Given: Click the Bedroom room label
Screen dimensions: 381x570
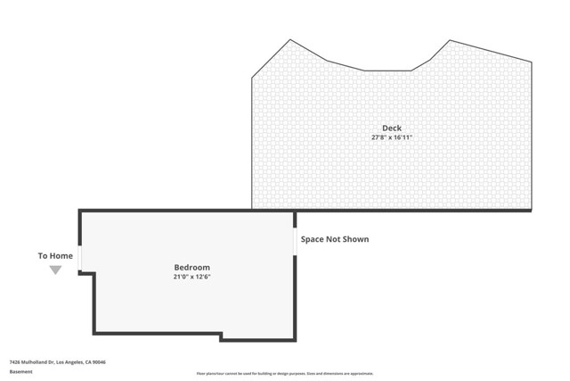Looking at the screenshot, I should [x=191, y=268].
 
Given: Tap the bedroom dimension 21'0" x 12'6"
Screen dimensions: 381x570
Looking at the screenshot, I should [x=191, y=277].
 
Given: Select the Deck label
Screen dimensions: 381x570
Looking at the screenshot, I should [x=392, y=128].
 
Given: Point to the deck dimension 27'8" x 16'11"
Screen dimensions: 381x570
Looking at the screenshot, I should [x=392, y=137].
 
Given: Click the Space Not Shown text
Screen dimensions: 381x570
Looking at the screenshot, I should [x=334, y=239].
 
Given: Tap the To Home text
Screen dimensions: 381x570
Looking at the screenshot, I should [x=55, y=256].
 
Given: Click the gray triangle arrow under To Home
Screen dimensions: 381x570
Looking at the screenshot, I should [x=55, y=269].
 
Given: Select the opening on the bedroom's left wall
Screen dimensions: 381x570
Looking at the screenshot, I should [x=80, y=258].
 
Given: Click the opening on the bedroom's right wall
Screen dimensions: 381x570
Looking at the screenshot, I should [x=295, y=241].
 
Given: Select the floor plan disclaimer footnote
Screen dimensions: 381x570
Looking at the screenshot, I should [x=285, y=374].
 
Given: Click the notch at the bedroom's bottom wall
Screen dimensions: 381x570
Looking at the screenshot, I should [x=221, y=336].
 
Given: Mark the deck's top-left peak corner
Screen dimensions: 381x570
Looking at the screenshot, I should [x=290, y=40].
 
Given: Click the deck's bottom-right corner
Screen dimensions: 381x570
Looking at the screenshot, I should [x=531, y=210].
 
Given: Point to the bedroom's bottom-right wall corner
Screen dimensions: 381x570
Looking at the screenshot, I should [x=295, y=339].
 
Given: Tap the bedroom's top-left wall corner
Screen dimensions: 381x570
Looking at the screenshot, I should [x=80, y=211].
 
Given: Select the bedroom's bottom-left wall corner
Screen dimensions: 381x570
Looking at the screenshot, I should [x=94, y=333].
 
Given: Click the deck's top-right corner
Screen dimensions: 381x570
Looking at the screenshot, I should [x=532, y=62].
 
